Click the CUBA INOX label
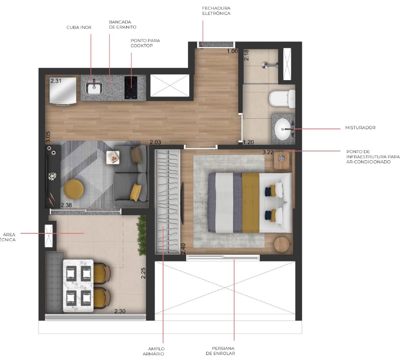tap(79, 27)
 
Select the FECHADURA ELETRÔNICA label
tap(216, 10)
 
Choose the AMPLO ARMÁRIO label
tap(156, 351)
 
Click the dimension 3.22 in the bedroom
tap(268, 152)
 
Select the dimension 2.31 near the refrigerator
tap(56, 81)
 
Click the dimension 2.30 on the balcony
tap(120, 311)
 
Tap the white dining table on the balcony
tap(78, 286)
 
